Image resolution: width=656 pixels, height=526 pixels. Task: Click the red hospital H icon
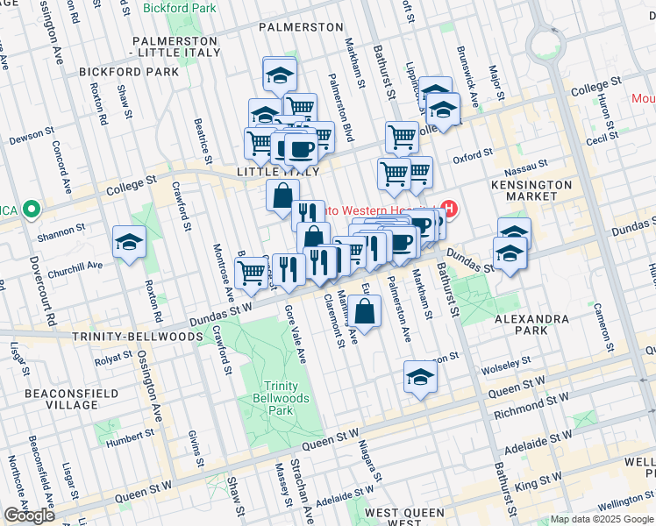(x=450, y=209)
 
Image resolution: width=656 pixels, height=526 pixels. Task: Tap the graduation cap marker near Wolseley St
(x=421, y=377)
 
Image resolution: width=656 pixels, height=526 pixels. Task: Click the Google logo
(x=29, y=515)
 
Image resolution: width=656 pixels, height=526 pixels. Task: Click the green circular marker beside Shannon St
(x=32, y=210)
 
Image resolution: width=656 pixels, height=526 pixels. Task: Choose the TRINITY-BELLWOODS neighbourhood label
(x=125, y=334)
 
